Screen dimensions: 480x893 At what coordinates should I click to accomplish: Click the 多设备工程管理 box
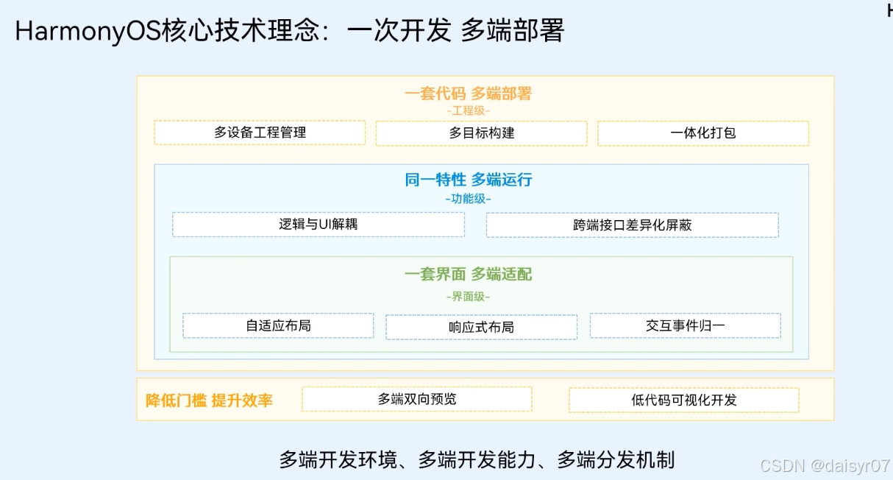click(260, 133)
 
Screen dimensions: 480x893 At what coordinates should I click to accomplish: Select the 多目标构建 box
click(481, 133)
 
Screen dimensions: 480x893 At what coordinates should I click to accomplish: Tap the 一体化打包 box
click(702, 133)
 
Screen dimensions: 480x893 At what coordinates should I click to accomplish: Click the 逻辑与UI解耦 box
click(319, 225)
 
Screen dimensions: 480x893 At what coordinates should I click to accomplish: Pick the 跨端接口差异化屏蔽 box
click(632, 225)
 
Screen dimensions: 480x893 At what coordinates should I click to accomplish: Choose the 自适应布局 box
click(278, 325)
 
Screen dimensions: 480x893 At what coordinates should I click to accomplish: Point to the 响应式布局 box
click(481, 326)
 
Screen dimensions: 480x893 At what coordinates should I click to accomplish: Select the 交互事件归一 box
click(685, 325)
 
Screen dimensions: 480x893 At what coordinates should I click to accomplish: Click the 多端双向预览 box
click(416, 399)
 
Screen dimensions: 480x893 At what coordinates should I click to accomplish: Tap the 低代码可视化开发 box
click(683, 400)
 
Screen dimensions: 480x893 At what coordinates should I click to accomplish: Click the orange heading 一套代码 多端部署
click(468, 93)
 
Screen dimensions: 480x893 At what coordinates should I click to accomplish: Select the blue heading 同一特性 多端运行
click(468, 180)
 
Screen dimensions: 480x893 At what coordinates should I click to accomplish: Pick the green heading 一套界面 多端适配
click(468, 275)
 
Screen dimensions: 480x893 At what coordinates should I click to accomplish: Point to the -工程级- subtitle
click(468, 110)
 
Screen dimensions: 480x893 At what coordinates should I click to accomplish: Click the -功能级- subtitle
click(468, 199)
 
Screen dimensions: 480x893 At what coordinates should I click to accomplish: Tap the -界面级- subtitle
click(468, 297)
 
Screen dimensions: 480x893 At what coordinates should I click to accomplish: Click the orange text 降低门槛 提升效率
click(209, 400)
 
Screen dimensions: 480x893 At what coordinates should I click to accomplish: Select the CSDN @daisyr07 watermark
click(825, 465)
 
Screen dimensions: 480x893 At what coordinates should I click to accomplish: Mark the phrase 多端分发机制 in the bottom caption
click(616, 460)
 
